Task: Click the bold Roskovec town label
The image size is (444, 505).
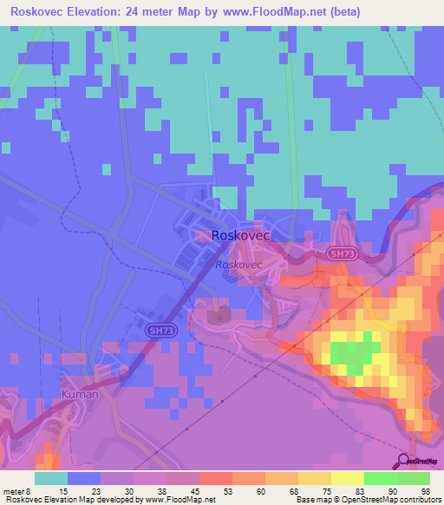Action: tap(240, 235)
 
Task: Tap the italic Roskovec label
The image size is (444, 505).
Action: tap(238, 264)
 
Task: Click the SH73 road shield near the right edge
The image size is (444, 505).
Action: tap(342, 253)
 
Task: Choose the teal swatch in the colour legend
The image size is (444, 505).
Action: tap(51, 477)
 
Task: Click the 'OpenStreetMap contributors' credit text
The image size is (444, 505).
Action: tap(395, 500)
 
